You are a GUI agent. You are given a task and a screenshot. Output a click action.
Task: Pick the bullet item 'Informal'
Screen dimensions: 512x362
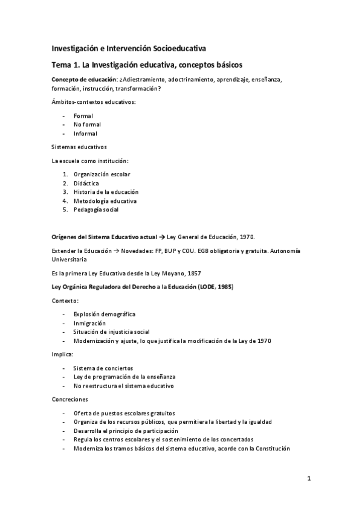coord(85,133)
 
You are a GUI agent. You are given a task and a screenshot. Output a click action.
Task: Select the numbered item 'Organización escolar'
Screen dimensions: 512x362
coord(102,174)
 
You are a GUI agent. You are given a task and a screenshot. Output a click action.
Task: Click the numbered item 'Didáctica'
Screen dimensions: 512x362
coord(86,183)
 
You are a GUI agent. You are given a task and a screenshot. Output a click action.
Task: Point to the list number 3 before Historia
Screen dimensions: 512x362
coord(65,192)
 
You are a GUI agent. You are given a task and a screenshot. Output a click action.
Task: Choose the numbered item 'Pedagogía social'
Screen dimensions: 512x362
coord(95,210)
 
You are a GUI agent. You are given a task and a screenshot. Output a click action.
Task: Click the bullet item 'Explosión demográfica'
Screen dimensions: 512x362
coord(104,314)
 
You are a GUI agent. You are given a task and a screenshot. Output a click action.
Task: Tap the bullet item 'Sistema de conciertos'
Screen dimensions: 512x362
coord(103,368)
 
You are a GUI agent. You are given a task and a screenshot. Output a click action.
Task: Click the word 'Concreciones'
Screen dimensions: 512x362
coord(70,399)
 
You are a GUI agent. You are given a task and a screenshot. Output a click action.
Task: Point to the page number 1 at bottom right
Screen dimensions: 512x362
coord(308,479)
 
